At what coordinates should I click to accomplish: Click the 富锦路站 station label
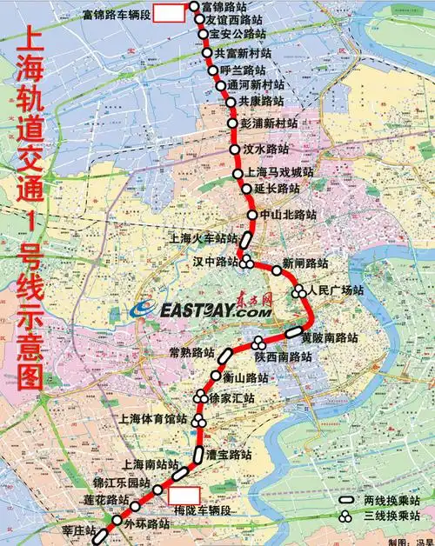coord(224,6)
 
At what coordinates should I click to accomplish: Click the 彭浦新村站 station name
coord(271,123)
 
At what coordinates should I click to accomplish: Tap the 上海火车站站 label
coord(203,237)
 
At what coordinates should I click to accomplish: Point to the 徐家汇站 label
coord(232,398)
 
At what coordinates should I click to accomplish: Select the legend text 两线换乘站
coord(398,502)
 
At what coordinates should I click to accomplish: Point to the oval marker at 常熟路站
coord(224,355)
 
